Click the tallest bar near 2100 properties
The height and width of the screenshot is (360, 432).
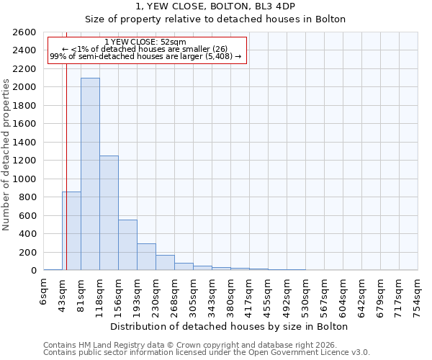90,174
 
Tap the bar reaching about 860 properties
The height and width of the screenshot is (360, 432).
71,230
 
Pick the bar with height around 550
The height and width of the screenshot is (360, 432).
127,245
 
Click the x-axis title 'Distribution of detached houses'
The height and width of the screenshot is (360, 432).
230,326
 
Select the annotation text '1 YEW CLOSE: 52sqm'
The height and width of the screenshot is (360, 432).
145,42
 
